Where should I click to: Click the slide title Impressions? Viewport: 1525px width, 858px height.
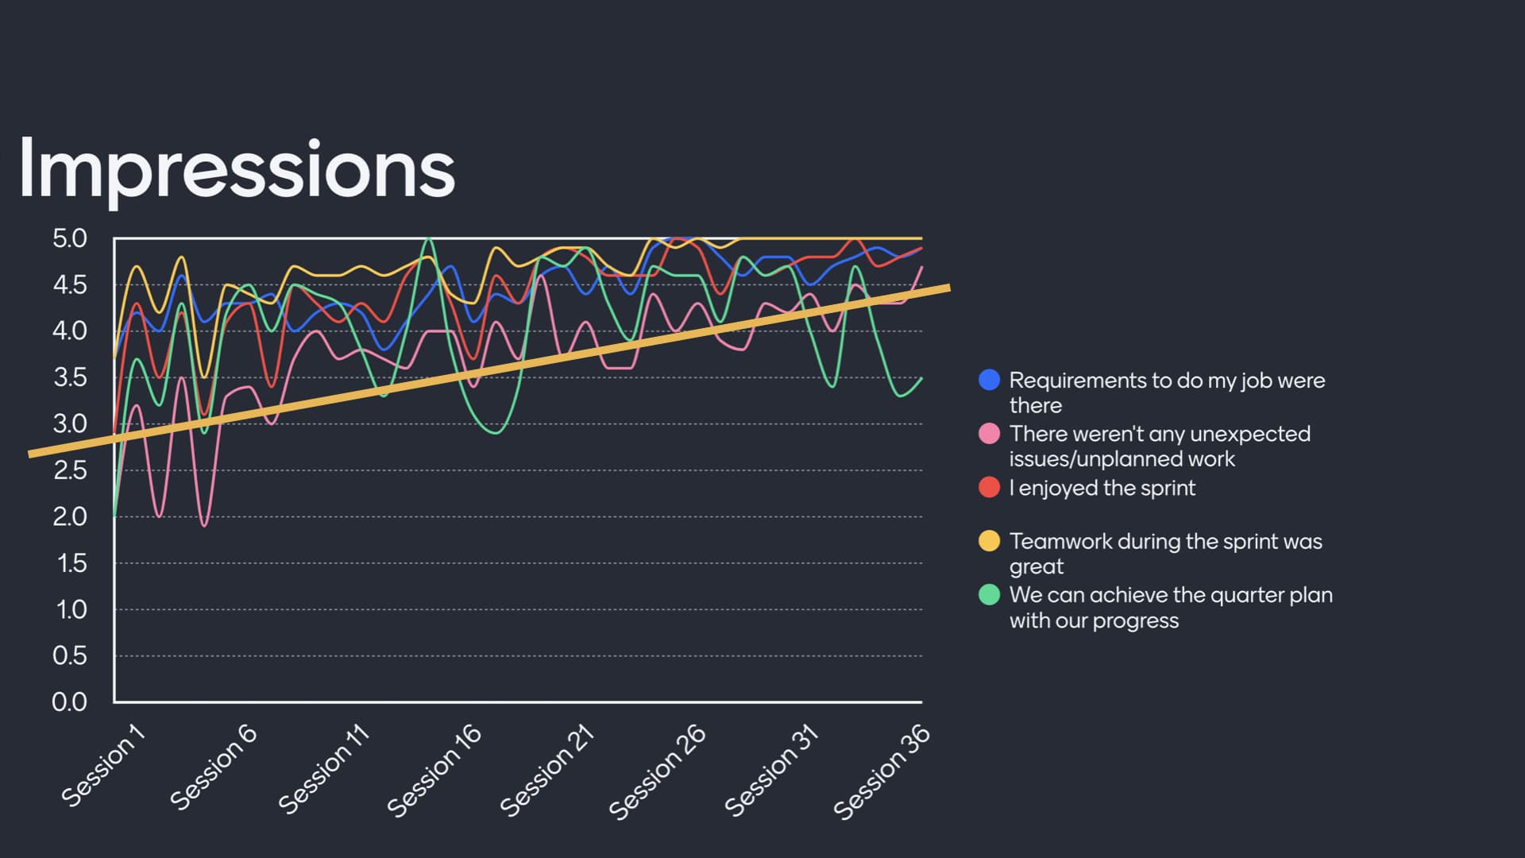tap(236, 168)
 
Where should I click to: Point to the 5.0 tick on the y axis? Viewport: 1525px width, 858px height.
tap(70, 238)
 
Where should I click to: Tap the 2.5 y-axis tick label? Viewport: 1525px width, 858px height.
tap(70, 470)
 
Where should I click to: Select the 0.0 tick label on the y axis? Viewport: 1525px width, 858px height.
tap(70, 702)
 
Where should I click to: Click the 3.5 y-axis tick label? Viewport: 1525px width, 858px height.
tap(70, 377)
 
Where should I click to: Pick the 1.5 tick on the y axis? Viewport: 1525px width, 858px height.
tap(70, 563)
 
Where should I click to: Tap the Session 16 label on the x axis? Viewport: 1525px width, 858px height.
tap(434, 770)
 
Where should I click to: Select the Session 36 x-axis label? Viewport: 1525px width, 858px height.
tap(881, 771)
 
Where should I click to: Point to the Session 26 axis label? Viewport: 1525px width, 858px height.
tap(657, 771)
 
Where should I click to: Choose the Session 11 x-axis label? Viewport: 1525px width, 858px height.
tap(324, 768)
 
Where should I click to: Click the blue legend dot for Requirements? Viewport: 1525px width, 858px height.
tap(989, 380)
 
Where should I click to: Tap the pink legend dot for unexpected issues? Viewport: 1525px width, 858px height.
tap(989, 434)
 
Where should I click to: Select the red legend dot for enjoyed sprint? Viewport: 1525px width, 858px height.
tap(989, 488)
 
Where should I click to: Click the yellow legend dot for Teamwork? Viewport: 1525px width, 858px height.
tap(989, 541)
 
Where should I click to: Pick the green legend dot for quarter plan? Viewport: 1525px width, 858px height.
tap(989, 595)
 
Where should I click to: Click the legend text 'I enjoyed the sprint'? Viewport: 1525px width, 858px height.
tap(1102, 488)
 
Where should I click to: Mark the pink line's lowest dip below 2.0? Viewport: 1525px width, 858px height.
tap(205, 525)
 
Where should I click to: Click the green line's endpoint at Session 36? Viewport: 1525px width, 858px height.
tap(921, 378)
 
